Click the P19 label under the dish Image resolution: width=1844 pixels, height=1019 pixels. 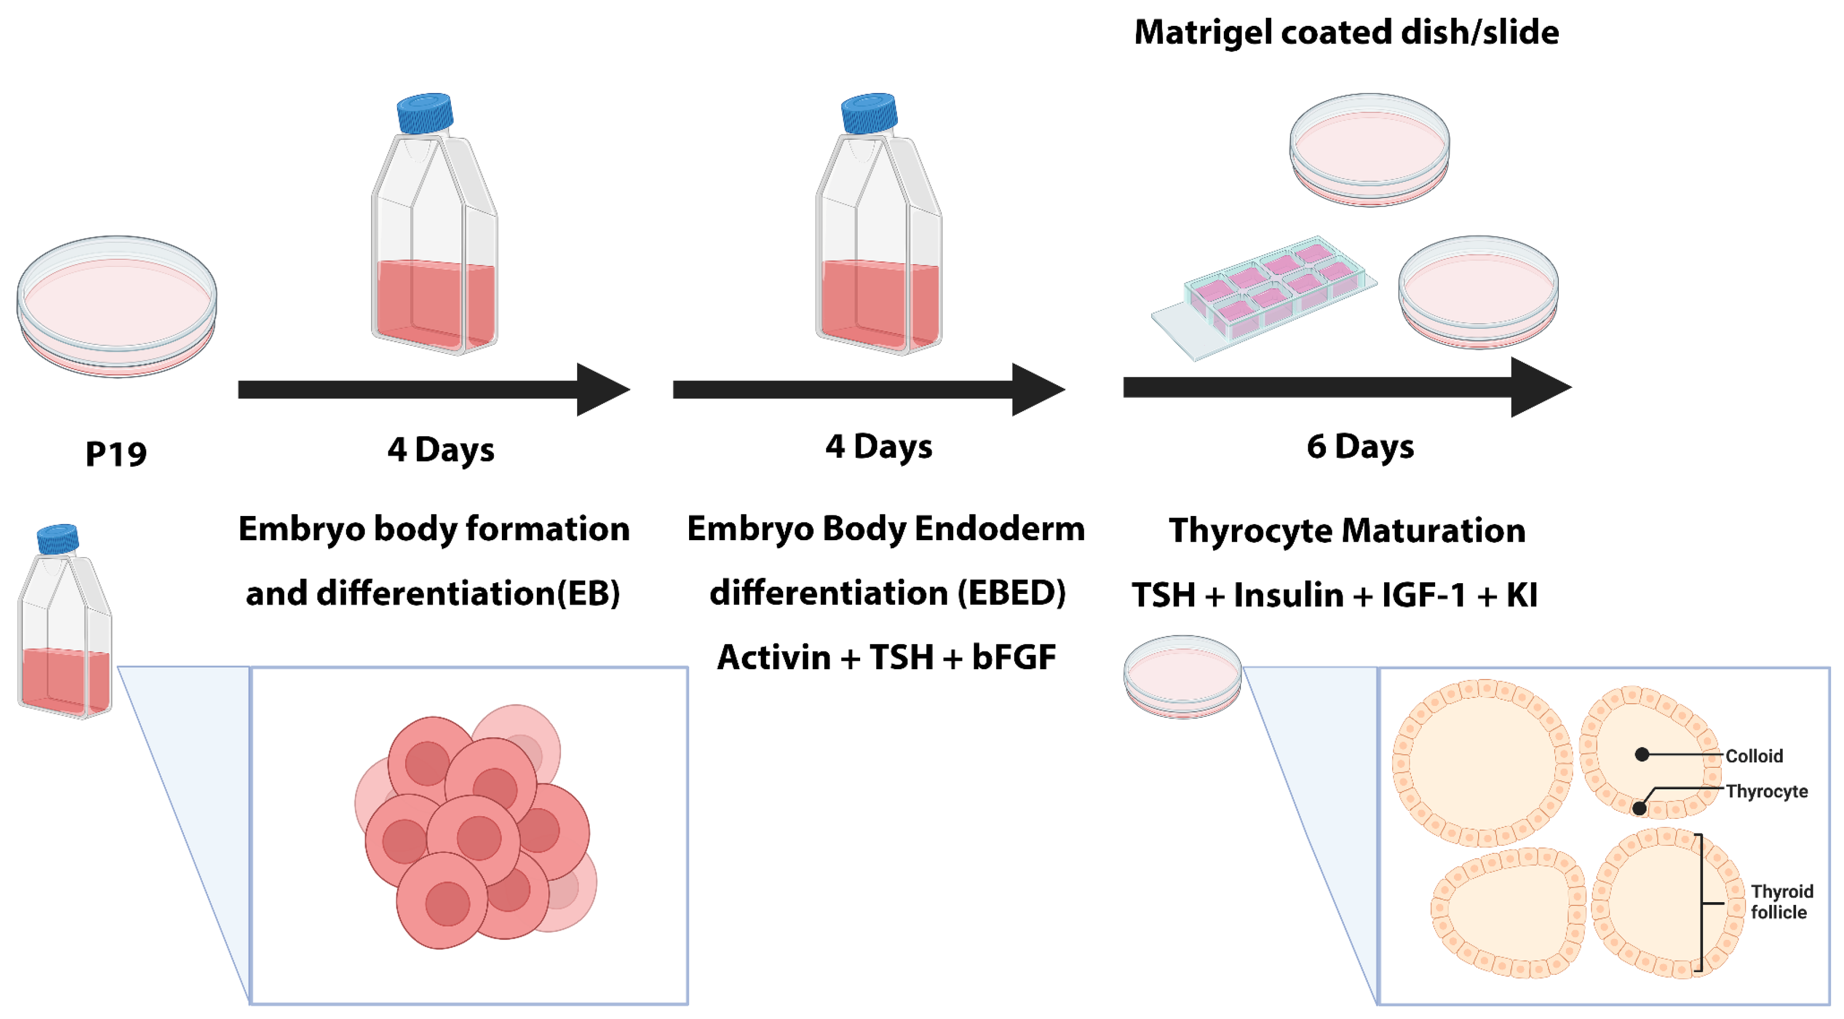(x=116, y=454)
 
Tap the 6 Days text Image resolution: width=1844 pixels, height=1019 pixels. (x=1359, y=447)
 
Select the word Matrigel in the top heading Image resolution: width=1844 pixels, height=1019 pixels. (x=1203, y=33)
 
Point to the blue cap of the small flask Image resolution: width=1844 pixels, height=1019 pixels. (x=57, y=539)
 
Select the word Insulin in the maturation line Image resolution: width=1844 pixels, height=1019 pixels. (x=1288, y=595)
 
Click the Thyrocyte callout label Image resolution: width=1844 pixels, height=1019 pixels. (x=1766, y=791)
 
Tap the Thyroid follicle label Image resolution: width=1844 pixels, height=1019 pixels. (x=1781, y=902)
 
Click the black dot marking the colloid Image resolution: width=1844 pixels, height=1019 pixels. (x=1642, y=754)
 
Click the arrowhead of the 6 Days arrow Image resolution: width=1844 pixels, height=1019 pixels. (x=1539, y=387)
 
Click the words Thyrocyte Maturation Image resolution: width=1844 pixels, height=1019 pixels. (x=1346, y=530)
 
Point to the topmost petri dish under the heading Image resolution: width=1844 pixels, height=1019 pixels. (x=1368, y=149)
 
